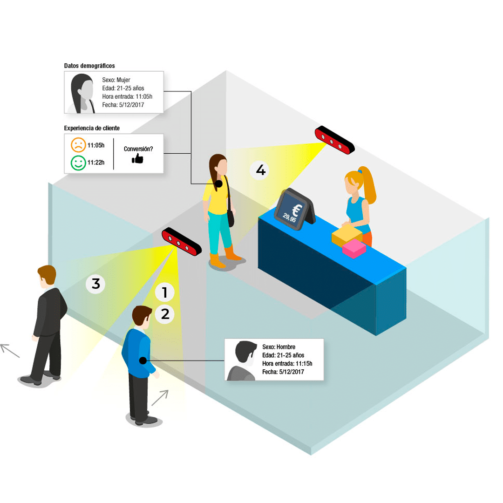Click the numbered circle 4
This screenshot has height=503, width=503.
click(x=261, y=171)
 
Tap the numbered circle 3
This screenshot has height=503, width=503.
click(x=96, y=284)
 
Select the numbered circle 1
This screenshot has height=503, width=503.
click(x=164, y=293)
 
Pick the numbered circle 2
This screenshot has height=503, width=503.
click(x=165, y=314)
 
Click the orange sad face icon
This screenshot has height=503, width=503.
click(x=78, y=145)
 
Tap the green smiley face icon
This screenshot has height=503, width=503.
click(x=78, y=163)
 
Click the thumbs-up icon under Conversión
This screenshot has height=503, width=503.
click(x=137, y=159)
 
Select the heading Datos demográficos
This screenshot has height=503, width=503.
click(x=89, y=66)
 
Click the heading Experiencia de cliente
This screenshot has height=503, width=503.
click(x=91, y=128)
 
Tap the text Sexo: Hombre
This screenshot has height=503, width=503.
click(x=279, y=347)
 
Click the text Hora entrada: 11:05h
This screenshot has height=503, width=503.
click(x=127, y=96)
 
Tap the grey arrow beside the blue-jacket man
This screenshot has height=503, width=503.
click(x=159, y=398)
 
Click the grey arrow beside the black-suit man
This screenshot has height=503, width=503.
click(x=10, y=351)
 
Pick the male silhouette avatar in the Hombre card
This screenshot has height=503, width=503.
click(x=244, y=360)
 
